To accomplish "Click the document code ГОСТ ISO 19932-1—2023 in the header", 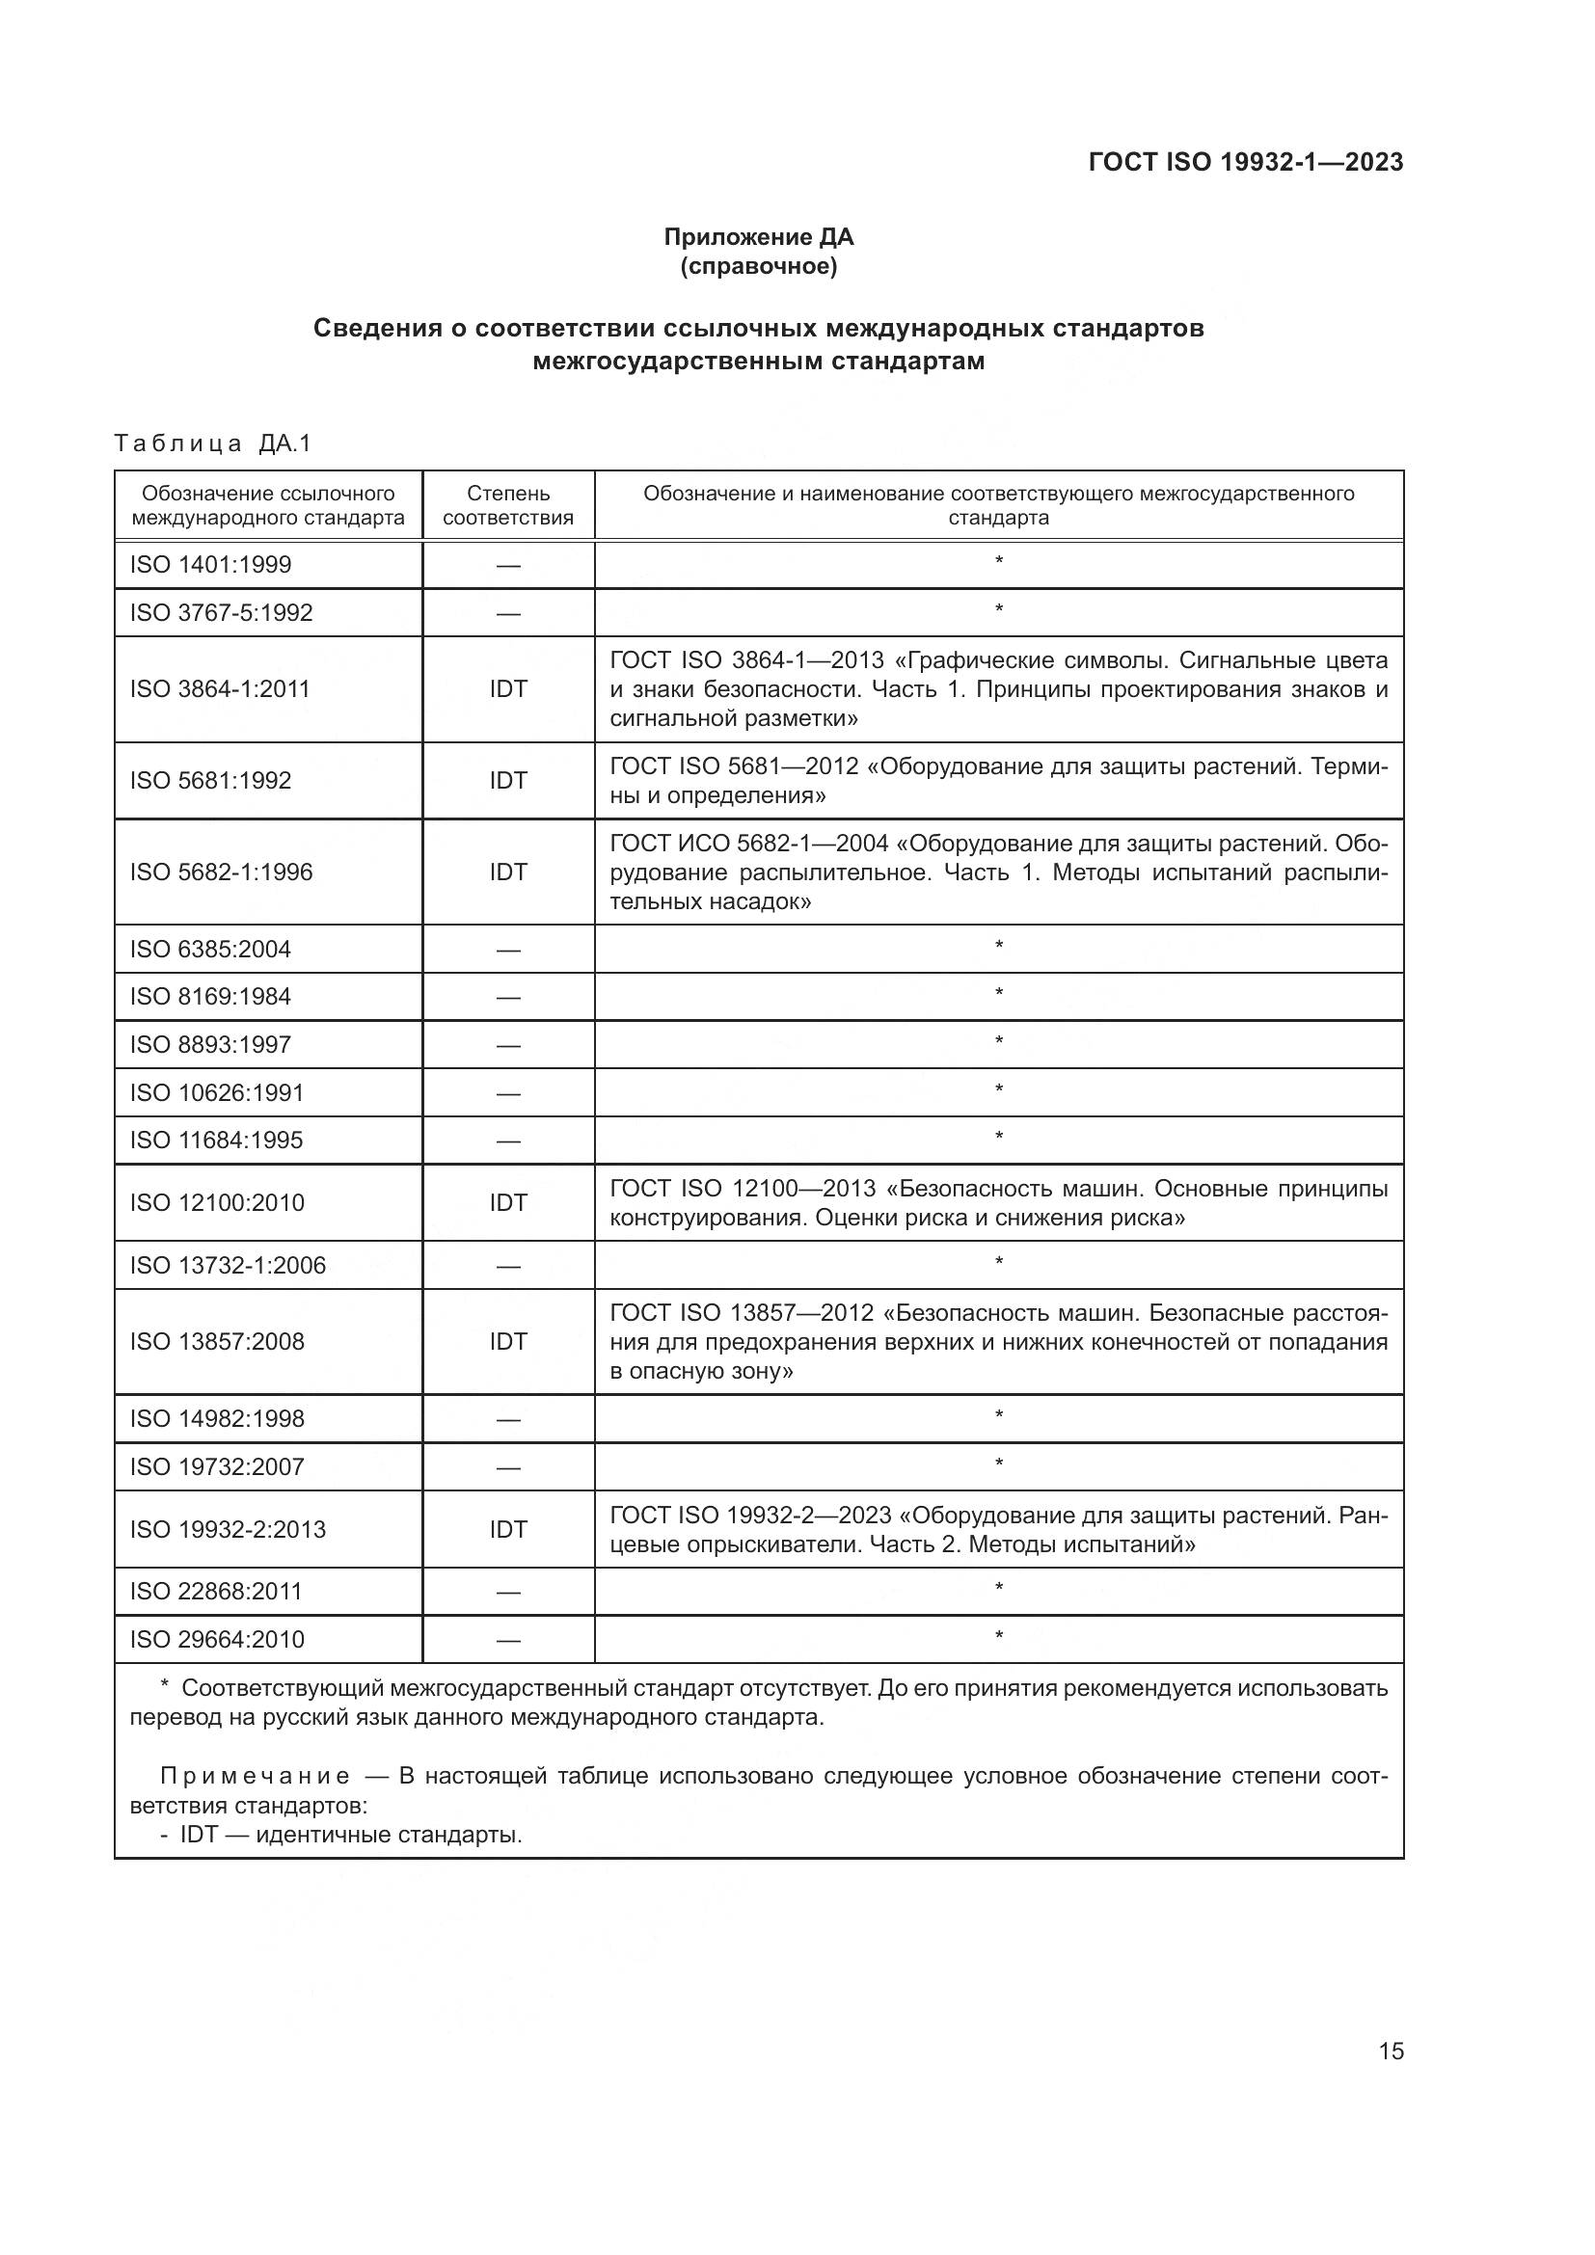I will [x=1245, y=162].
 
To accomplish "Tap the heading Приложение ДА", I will [x=758, y=237].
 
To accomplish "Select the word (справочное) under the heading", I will [x=758, y=266].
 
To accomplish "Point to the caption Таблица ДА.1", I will [x=212, y=443].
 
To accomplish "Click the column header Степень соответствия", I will [x=508, y=505].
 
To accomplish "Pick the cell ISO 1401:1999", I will [x=210, y=565].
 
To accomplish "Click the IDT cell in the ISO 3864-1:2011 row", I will [x=508, y=689].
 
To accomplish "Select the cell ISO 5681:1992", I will [x=210, y=781].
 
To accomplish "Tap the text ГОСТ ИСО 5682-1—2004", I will [x=748, y=844].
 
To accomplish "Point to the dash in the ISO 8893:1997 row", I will [x=508, y=1046].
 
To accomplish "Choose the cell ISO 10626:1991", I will [x=216, y=1093].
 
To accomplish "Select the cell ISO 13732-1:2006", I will [x=227, y=1266].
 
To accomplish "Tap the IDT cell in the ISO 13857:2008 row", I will [x=508, y=1342].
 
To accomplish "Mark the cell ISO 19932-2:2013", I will [x=227, y=1529].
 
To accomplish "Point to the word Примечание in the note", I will [x=256, y=1776].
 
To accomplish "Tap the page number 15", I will [x=1391, y=2052].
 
